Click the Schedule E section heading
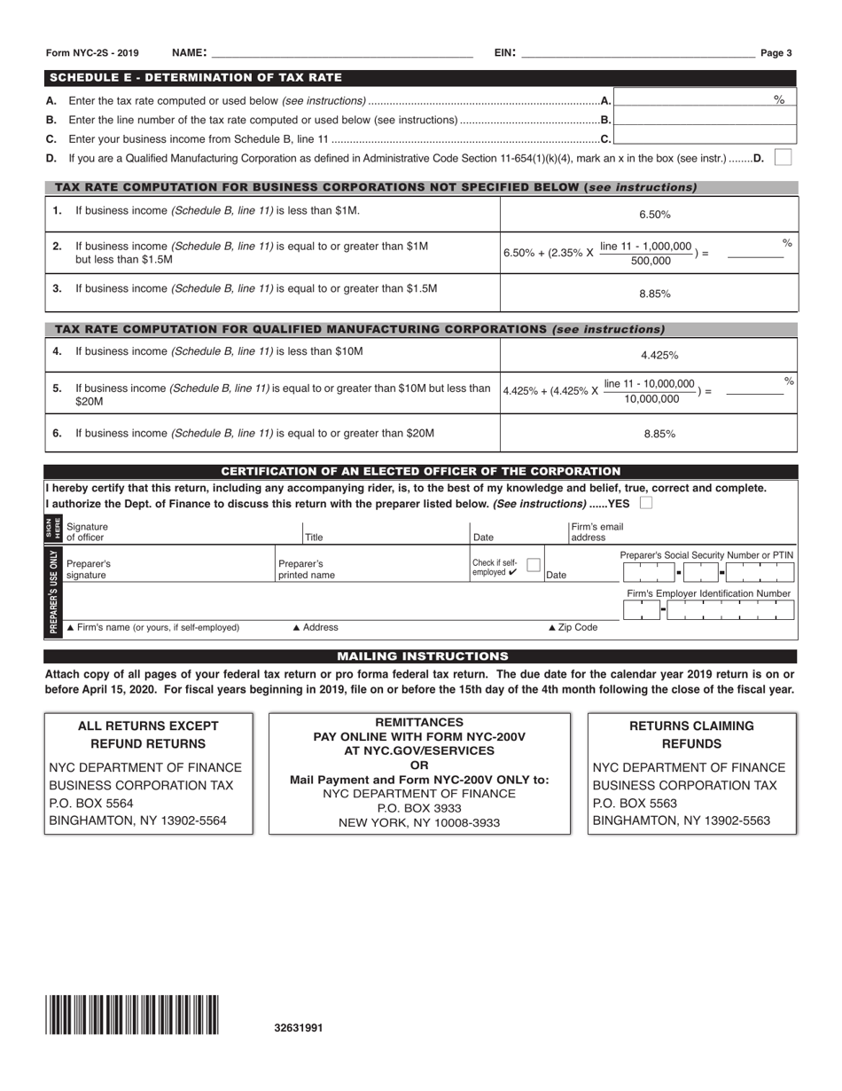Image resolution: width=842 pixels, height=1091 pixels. coord(194,78)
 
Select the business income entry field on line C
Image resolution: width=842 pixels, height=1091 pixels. coord(704,137)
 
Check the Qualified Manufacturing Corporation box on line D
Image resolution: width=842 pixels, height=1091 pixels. coord(783,157)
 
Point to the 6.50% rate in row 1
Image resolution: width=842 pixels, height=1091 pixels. coord(655,215)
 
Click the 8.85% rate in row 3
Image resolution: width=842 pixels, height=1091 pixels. coord(655,294)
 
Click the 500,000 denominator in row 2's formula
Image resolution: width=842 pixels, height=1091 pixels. coord(650,262)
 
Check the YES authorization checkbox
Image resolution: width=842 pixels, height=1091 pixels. coord(646,504)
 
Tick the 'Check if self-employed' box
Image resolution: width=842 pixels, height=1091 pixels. coord(533,565)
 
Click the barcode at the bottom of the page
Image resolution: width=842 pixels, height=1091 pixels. coord(133,1016)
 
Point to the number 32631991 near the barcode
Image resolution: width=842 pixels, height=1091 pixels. coord(299,1028)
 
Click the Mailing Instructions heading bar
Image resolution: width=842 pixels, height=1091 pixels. coord(420,656)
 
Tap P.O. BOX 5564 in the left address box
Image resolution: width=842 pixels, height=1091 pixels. coord(91,803)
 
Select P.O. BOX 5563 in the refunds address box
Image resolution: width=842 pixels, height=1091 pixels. coord(635,803)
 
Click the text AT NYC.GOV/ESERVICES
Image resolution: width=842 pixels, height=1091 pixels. coord(419,750)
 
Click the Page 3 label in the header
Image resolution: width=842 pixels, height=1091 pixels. coord(776,53)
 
